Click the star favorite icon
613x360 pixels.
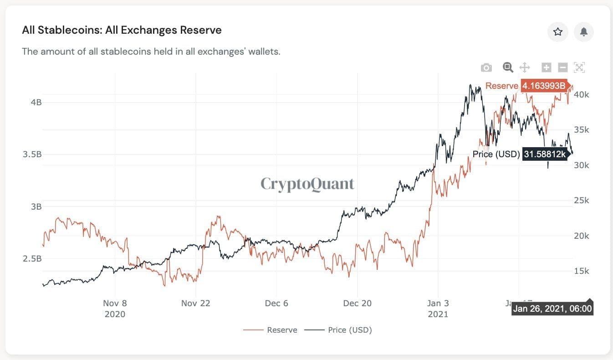click(557, 32)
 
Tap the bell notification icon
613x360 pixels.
click(583, 32)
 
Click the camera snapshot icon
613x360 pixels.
click(486, 68)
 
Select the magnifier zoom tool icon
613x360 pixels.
click(508, 67)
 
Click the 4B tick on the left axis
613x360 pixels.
click(36, 102)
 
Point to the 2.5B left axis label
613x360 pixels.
click(32, 259)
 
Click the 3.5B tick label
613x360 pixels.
click(32, 154)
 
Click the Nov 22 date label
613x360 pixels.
click(195, 303)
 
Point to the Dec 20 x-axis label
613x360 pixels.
click(357, 303)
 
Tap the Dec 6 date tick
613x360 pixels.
click(276, 303)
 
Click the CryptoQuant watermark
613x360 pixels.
click(307, 184)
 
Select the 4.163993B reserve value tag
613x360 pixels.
click(544, 86)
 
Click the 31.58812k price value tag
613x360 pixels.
click(545, 154)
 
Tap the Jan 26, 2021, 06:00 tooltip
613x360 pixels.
click(552, 309)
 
